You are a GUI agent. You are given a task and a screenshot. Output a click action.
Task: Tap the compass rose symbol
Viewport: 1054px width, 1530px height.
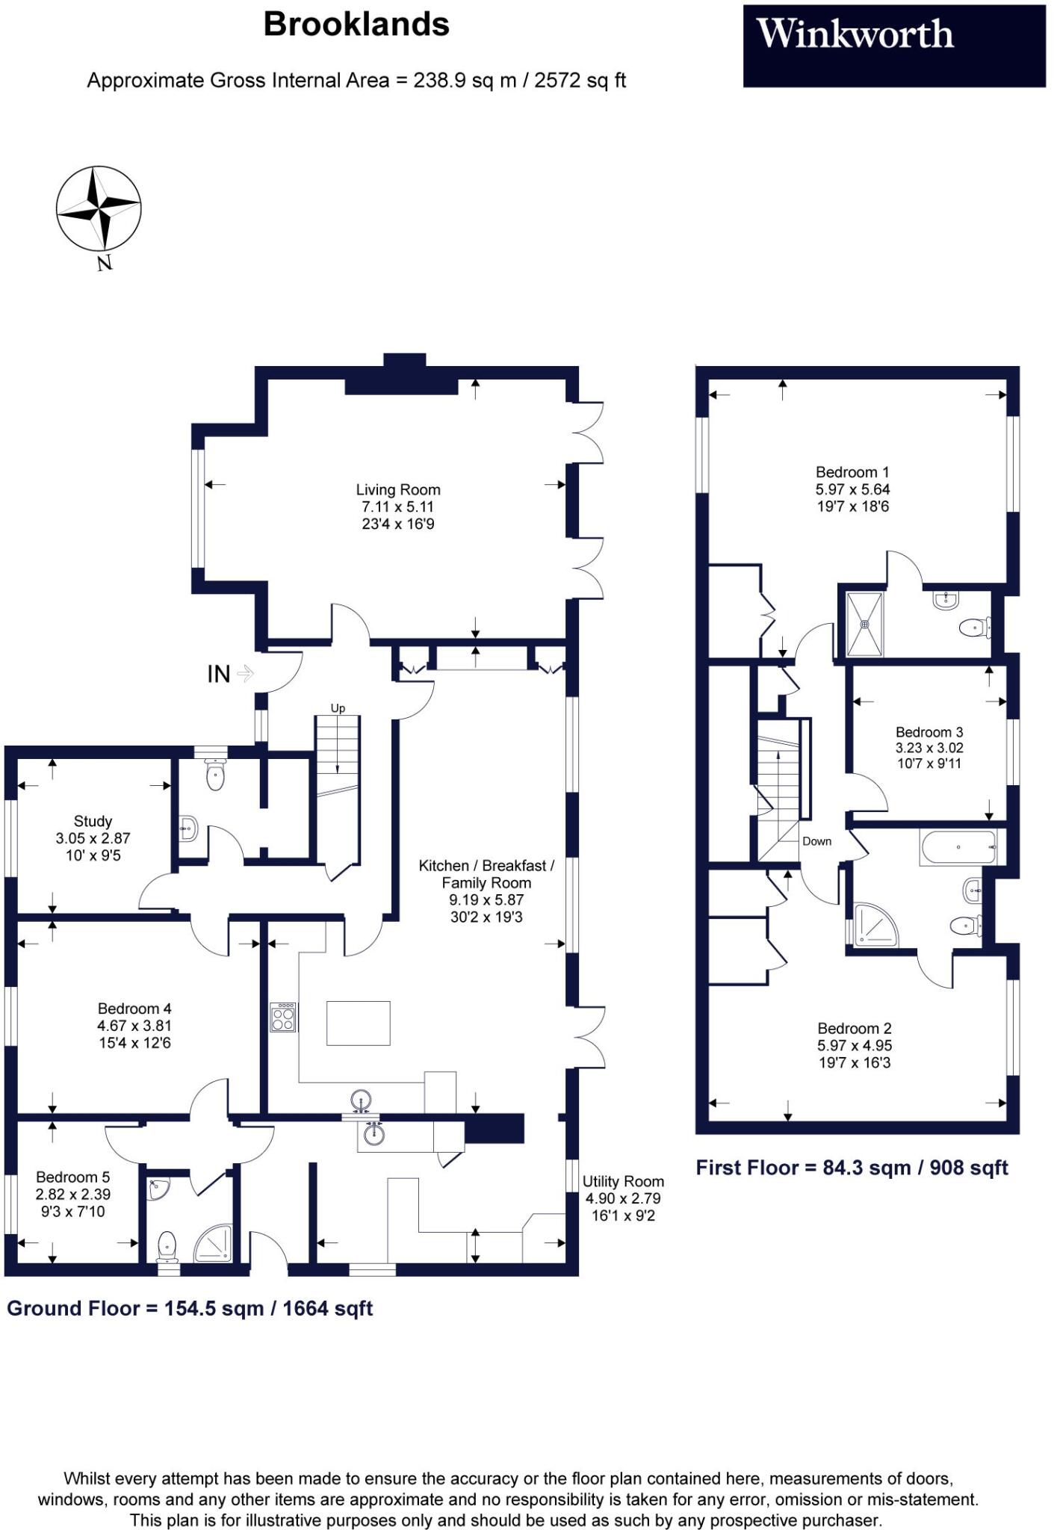pos(99,209)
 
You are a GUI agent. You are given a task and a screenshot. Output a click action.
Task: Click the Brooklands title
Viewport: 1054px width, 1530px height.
pos(356,25)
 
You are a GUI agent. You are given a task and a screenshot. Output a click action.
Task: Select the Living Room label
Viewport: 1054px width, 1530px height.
pos(397,490)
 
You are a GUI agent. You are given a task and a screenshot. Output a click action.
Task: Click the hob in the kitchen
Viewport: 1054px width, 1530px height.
pos(283,1018)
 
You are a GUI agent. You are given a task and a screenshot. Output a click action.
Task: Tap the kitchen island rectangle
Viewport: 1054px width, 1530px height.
pos(358,1022)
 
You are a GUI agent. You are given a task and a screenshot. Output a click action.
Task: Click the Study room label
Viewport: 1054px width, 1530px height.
pos(93,821)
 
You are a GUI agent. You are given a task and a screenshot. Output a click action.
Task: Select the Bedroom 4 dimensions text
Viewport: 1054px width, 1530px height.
pos(134,1034)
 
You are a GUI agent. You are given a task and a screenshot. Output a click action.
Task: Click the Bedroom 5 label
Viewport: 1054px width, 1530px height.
pos(72,1177)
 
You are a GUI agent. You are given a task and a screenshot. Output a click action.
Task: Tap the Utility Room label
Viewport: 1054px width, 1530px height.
pos(623,1181)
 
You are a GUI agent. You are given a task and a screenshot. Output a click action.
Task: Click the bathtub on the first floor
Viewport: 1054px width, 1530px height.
pos(958,847)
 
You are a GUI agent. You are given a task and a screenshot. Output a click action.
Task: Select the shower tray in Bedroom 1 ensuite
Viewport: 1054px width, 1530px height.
pos(864,625)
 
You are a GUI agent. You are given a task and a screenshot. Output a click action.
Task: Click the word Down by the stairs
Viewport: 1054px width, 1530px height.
pos(816,841)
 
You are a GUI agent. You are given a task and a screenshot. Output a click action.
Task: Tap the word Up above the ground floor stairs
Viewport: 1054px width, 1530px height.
pos(338,708)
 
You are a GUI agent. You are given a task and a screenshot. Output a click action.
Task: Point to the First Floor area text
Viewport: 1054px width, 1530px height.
pos(852,1168)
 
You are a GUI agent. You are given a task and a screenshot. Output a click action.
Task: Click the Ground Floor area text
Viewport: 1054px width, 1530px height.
pos(190,1308)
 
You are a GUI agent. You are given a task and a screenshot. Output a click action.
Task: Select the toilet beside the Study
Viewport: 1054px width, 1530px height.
pos(215,775)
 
